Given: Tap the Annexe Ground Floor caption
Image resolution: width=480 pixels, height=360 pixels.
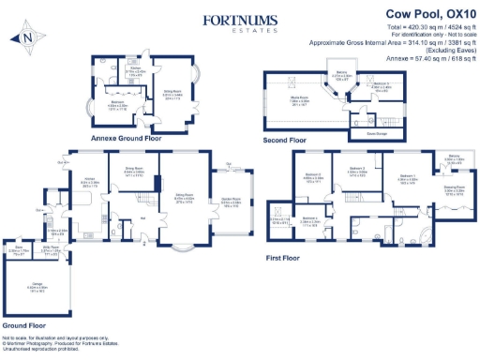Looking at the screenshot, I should (x=124, y=137).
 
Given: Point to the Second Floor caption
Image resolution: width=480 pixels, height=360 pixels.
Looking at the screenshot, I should (x=285, y=140).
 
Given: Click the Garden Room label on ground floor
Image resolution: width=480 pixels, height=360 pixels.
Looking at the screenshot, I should (x=229, y=201).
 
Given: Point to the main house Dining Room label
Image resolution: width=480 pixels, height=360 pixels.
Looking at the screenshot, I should (x=134, y=171).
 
